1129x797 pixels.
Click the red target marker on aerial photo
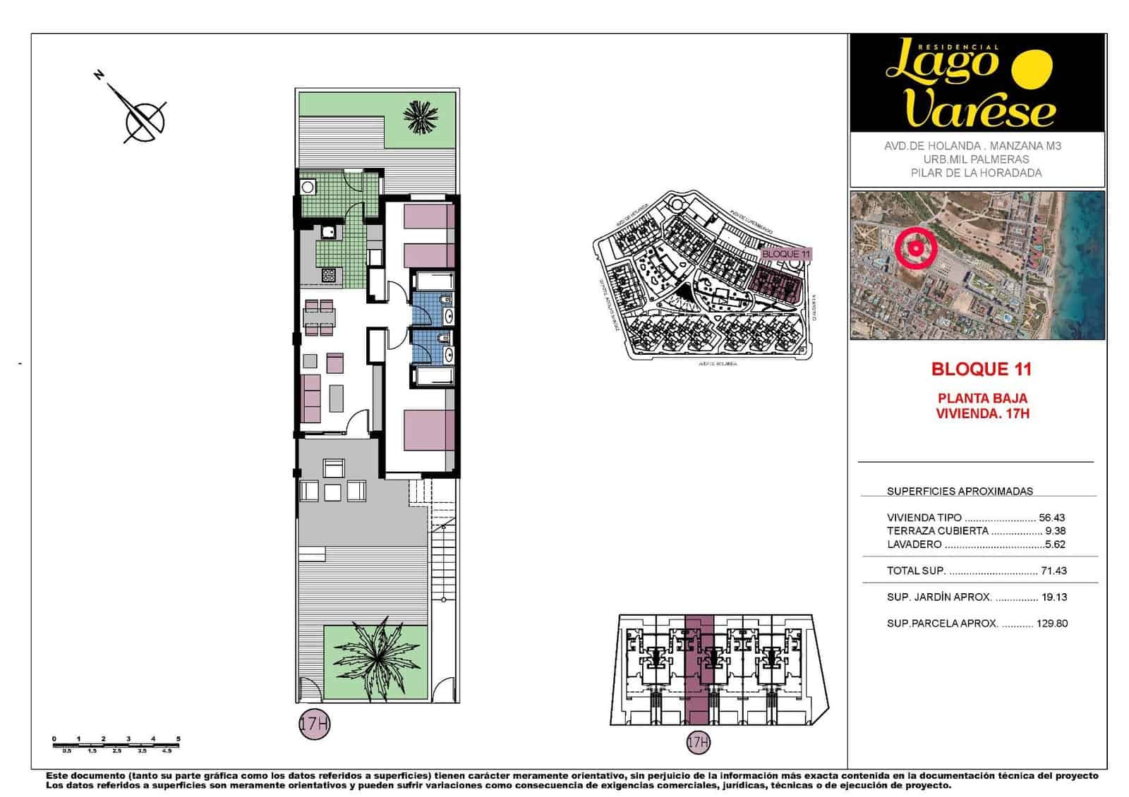tap(915, 248)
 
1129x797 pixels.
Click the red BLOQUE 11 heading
tap(981, 369)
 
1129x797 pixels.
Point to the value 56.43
tap(1051, 518)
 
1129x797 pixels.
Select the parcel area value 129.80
tap(1051, 623)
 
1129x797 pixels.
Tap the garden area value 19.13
tap(1053, 597)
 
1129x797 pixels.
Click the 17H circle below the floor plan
tap(314, 724)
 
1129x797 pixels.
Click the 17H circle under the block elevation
tap(698, 742)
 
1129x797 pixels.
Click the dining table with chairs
tap(320, 317)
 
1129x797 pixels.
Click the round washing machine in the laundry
tap(308, 187)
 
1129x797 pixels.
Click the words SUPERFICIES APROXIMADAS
tap(959, 492)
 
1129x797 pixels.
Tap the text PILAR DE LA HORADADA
tap(976, 173)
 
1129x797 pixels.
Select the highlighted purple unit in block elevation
tap(699, 670)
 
